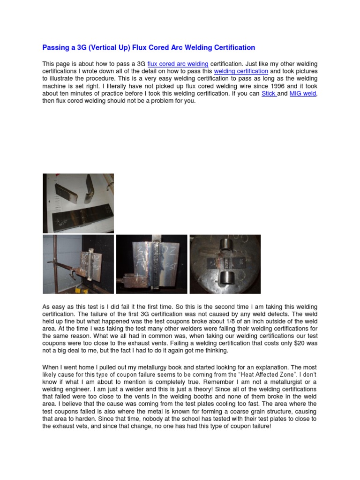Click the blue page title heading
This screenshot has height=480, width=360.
tap(149, 47)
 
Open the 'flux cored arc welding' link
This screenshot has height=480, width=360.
tap(178, 64)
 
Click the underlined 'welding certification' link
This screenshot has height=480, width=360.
tap(241, 71)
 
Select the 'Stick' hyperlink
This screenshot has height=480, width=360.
tap(268, 94)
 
